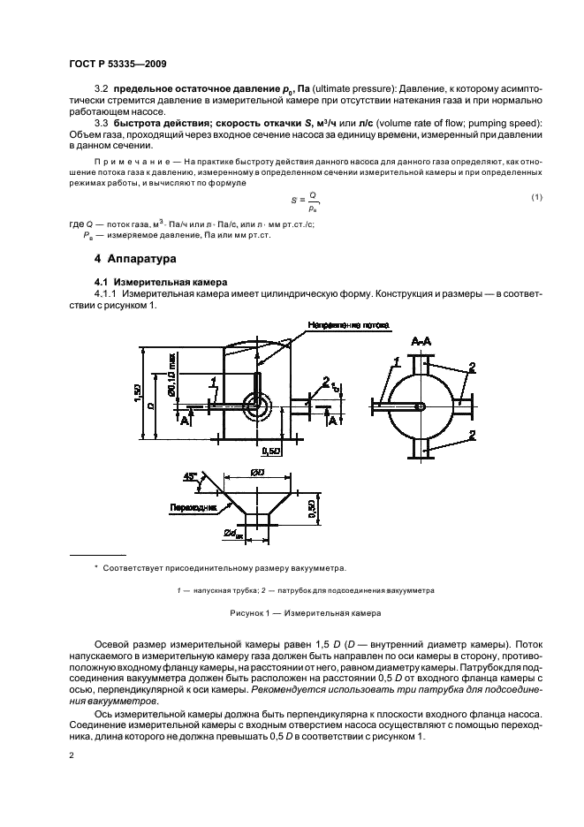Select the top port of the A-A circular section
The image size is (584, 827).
pos(423,359)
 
